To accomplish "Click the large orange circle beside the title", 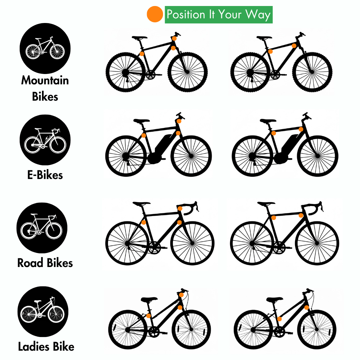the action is click(x=155, y=14).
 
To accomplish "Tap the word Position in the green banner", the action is click(x=186, y=14).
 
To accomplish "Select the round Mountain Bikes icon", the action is click(x=45, y=48).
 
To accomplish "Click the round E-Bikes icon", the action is click(x=45, y=140).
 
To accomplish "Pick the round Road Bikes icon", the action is click(x=42, y=228).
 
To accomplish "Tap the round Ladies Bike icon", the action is click(x=43, y=312).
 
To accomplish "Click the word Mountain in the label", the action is click(x=45, y=80).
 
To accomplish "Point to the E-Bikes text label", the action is click(x=45, y=175).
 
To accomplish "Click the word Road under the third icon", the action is click(x=30, y=263).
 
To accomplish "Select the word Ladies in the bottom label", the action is click(x=34, y=346).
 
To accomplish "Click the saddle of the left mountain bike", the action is click(x=139, y=37).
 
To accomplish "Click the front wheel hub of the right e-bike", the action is click(x=318, y=156).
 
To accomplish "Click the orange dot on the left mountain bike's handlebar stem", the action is click(x=174, y=38).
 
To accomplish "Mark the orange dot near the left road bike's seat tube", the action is click(x=144, y=222).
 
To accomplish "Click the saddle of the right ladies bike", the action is click(x=275, y=299).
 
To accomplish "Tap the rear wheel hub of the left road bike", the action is click(x=128, y=243).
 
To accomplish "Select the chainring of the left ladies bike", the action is click(x=154, y=332).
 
